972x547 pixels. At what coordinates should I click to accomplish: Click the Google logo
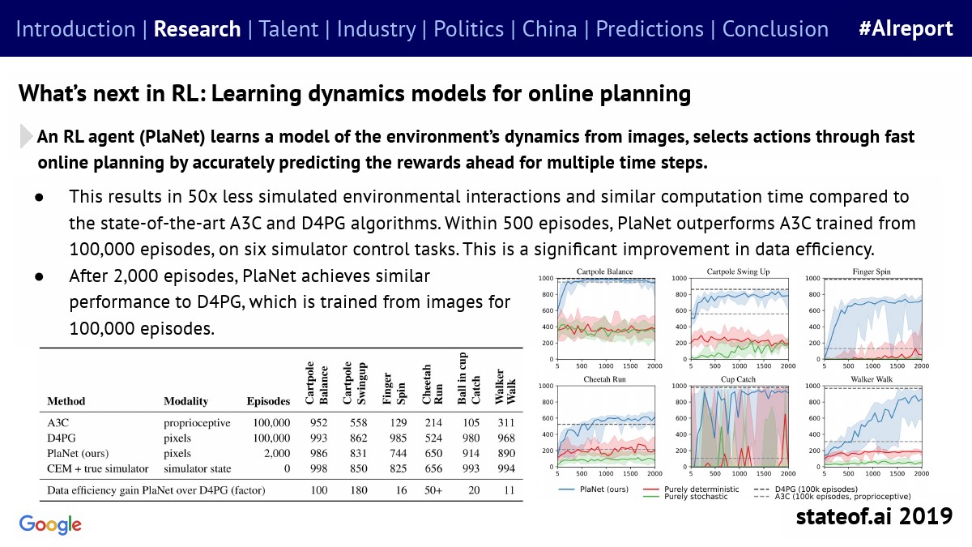[x=50, y=524]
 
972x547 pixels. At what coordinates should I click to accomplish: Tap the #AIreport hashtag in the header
[x=906, y=28]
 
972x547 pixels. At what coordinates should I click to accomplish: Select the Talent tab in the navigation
[x=288, y=29]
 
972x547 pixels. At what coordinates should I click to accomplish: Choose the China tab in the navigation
[x=549, y=29]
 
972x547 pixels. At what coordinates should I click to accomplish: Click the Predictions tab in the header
[x=650, y=29]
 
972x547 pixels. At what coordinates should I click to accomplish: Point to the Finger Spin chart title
[x=872, y=271]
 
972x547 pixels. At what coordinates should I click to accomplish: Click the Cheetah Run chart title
[x=604, y=379]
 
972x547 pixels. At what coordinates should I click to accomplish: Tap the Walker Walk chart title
[x=872, y=379]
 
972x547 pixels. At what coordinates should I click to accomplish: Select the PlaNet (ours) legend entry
[x=593, y=489]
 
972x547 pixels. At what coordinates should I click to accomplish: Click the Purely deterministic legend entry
[x=691, y=489]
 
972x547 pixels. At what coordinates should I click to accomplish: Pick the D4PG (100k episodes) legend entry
[x=806, y=489]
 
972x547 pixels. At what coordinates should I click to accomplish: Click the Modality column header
[x=185, y=401]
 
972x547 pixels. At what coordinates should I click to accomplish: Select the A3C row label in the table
[x=58, y=422]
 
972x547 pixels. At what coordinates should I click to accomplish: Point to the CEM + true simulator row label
[x=98, y=468]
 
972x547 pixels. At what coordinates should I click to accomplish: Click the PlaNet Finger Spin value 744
[x=398, y=453]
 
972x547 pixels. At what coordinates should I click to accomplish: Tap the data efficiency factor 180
[x=358, y=490]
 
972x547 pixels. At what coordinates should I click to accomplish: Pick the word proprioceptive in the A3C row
[x=197, y=423]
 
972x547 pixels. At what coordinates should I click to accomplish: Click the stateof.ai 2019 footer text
[x=874, y=516]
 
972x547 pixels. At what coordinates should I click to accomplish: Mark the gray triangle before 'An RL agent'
[x=26, y=136]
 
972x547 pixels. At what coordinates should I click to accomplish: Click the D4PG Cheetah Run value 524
[x=433, y=438]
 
